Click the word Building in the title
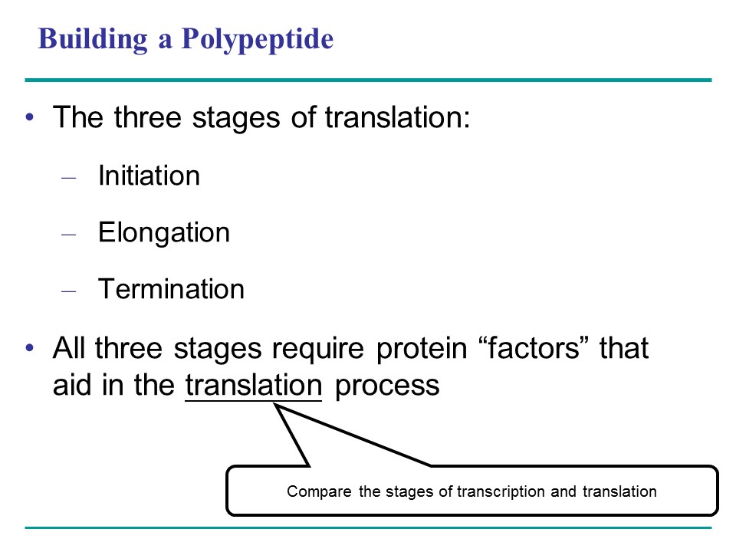pyautogui.click(x=93, y=39)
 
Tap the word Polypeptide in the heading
pyautogui.click(x=258, y=39)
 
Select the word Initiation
pyautogui.click(x=149, y=176)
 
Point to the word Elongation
pyautogui.click(x=164, y=233)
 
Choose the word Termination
pyautogui.click(x=171, y=289)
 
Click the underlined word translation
pyautogui.click(x=254, y=386)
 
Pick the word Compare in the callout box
pyautogui.click(x=319, y=492)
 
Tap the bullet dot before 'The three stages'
pyautogui.click(x=30, y=117)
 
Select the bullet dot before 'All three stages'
pyautogui.click(x=30, y=348)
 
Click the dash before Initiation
pyautogui.click(x=68, y=178)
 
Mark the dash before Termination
pyautogui.click(x=68, y=291)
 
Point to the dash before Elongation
pyautogui.click(x=68, y=235)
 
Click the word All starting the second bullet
pyautogui.click(x=68, y=348)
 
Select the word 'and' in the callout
pyautogui.click(x=563, y=491)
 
